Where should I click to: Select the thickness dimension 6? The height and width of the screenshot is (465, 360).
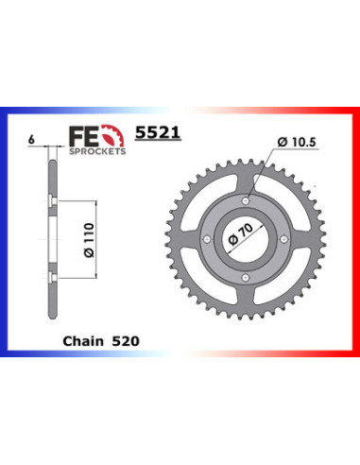(x=32, y=139)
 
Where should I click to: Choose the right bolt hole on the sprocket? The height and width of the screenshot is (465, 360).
(x=284, y=239)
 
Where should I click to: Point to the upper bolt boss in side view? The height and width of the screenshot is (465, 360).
(x=49, y=200)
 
